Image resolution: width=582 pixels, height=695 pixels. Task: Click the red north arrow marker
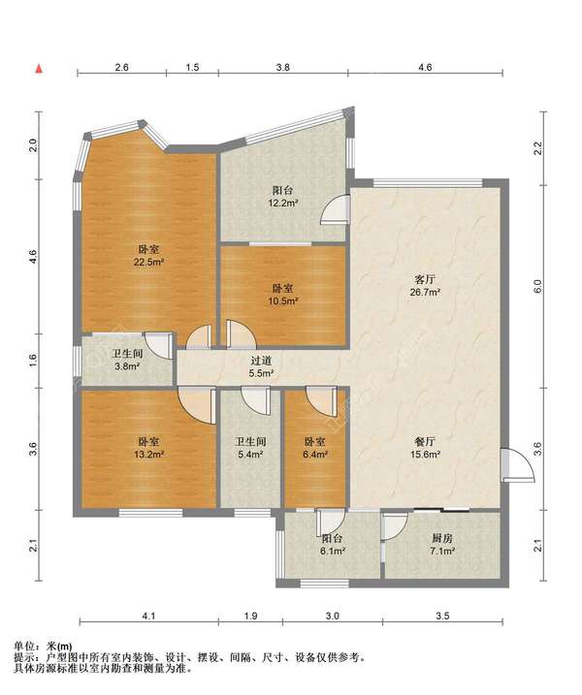tap(40, 69)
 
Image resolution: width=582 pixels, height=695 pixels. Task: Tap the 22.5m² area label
tap(149, 262)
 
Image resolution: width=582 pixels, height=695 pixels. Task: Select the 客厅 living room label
tap(425, 280)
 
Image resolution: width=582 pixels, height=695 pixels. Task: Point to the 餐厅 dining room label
tap(425, 442)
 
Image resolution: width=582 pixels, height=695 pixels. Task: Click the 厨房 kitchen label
tap(442, 539)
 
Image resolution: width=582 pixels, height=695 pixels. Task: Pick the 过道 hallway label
tap(260, 362)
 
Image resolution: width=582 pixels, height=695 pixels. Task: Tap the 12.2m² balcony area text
tap(282, 204)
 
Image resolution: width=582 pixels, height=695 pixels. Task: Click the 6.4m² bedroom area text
tap(315, 455)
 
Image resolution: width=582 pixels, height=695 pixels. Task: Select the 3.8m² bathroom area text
tap(127, 366)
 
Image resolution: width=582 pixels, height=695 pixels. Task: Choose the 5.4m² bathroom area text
tap(250, 455)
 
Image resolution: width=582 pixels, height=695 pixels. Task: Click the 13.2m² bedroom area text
tap(149, 455)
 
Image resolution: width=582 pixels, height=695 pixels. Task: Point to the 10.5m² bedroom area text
tap(282, 301)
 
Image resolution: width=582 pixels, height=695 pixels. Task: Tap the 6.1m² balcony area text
tap(333, 551)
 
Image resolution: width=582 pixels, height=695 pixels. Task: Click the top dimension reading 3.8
tap(283, 68)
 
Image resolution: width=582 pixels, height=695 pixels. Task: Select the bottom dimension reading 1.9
tap(250, 616)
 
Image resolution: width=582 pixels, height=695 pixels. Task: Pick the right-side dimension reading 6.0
tap(537, 287)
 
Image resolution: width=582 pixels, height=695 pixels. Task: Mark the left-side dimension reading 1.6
tap(34, 361)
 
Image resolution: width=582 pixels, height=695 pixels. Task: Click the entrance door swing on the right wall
tap(518, 465)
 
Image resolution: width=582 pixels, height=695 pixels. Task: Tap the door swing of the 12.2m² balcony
tap(334, 208)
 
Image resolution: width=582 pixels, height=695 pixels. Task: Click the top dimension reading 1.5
tap(192, 68)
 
